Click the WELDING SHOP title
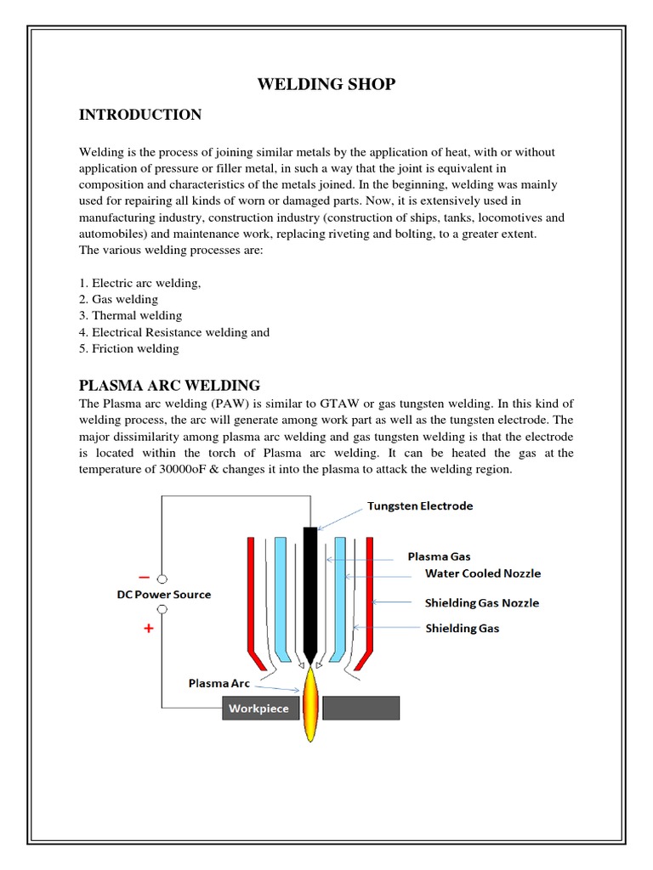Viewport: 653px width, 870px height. click(x=326, y=83)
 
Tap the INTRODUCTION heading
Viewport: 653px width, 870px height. click(x=140, y=115)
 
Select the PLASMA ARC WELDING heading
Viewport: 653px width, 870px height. click(x=169, y=385)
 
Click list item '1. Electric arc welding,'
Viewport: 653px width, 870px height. click(x=139, y=283)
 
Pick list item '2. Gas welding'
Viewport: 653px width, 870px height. click(x=118, y=299)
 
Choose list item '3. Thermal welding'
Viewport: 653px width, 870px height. click(x=130, y=315)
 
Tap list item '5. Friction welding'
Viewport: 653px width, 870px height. click(x=129, y=348)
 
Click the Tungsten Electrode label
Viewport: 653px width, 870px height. click(x=420, y=506)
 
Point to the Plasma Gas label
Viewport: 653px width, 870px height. click(x=439, y=556)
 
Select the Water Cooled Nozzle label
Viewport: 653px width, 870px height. click(x=482, y=573)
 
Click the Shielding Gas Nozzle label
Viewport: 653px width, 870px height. click(x=481, y=603)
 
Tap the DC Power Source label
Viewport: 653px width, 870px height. click(x=163, y=595)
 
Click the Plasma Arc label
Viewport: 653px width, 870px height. click(x=219, y=682)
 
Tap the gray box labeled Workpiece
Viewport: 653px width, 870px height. click(x=260, y=708)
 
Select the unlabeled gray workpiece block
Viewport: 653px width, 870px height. click(x=361, y=708)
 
